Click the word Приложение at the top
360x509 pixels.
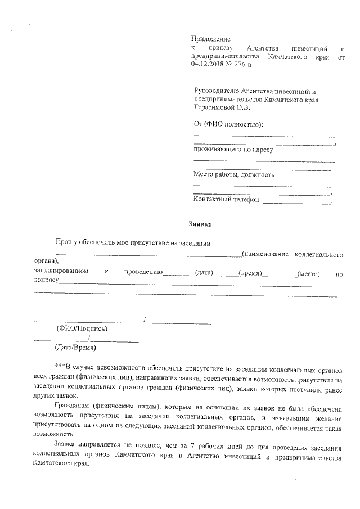point(211,39)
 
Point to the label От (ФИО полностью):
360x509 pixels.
point(228,124)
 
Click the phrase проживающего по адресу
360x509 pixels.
point(233,150)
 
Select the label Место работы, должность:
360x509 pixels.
point(235,174)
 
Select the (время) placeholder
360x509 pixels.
point(251,273)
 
